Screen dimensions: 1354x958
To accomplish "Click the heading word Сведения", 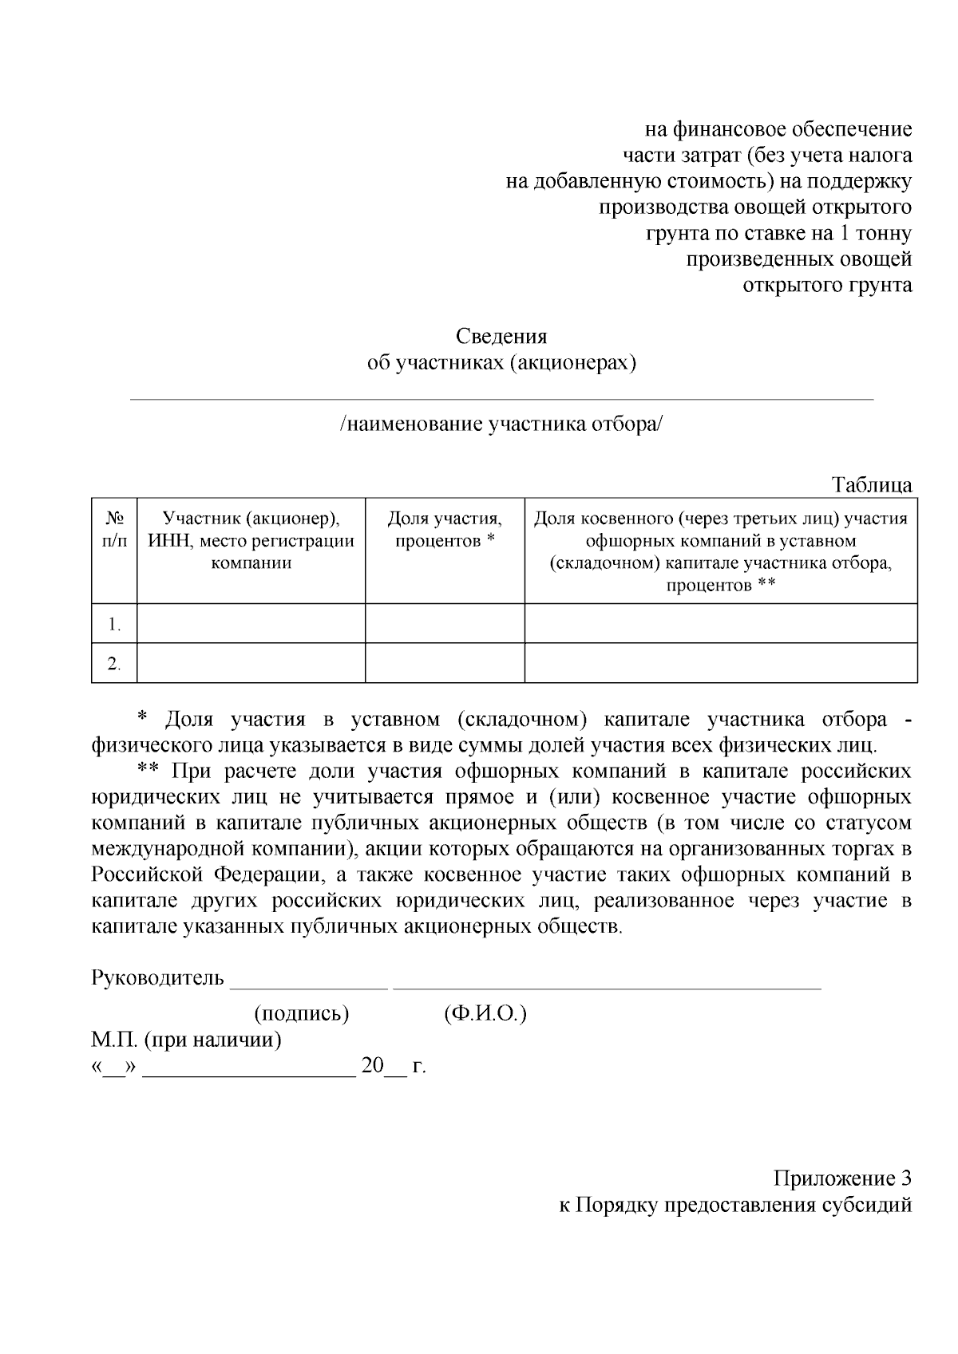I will click(501, 337).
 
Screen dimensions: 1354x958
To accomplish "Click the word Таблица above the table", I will click(872, 485).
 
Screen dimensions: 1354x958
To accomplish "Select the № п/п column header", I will click(114, 530).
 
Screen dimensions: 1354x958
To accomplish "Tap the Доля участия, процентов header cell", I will click(445, 530).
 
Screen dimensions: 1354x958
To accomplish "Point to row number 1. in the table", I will click(114, 624).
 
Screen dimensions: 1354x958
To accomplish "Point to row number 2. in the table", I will click(114, 664).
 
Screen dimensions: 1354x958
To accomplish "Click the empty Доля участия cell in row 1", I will click(445, 624).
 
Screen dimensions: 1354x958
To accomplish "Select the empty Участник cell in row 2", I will click(251, 664).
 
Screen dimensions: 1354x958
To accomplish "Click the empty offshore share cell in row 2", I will click(720, 664).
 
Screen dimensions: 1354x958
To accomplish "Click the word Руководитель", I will click(158, 977).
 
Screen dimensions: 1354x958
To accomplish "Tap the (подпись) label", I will click(302, 1014).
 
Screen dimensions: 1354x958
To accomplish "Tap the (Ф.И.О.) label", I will click(485, 1014).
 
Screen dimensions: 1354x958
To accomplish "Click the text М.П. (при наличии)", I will click(186, 1040).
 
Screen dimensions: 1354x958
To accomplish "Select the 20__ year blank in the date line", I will click(383, 1067).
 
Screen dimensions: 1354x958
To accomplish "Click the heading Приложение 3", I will click(842, 1178).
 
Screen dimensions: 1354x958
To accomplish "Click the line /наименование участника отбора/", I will click(501, 424).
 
